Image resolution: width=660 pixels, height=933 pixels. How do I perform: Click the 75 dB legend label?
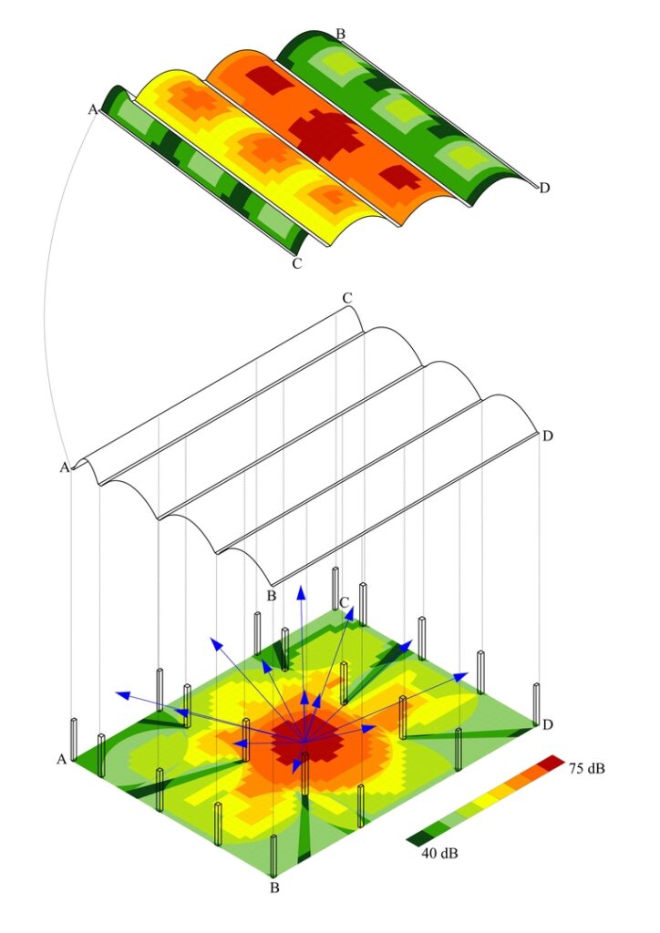[x=586, y=768]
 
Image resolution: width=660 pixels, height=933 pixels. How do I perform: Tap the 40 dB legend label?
[x=439, y=853]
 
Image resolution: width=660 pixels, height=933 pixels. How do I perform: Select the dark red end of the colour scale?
[x=552, y=763]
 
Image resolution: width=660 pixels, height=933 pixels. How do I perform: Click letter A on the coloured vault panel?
[x=92, y=109]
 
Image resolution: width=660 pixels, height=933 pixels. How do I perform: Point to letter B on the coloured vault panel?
[x=340, y=34]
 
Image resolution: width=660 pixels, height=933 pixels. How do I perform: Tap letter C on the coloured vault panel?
[x=297, y=263]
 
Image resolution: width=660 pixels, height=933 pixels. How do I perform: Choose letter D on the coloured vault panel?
[x=544, y=188]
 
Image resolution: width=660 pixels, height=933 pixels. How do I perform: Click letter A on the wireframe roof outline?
[x=65, y=467]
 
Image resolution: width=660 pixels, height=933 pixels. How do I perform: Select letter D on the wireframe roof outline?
[x=548, y=436]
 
